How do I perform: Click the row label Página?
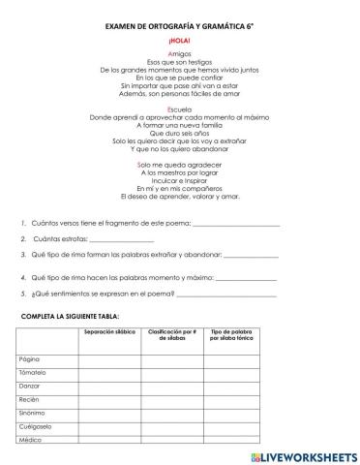click(x=29, y=359)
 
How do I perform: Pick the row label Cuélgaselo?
click(x=35, y=427)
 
